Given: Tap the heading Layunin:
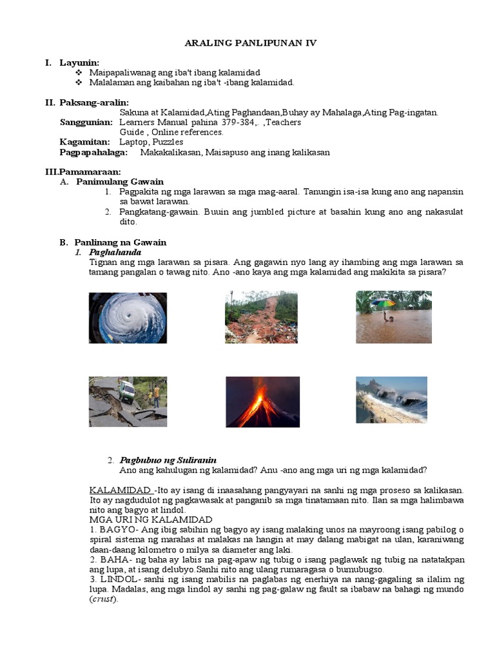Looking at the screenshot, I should coord(79,63).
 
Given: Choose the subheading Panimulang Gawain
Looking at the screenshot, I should coord(120,182).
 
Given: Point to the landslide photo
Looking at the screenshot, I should coord(261,316).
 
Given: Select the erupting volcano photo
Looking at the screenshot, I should coord(262,402).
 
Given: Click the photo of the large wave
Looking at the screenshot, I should coord(391,400).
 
